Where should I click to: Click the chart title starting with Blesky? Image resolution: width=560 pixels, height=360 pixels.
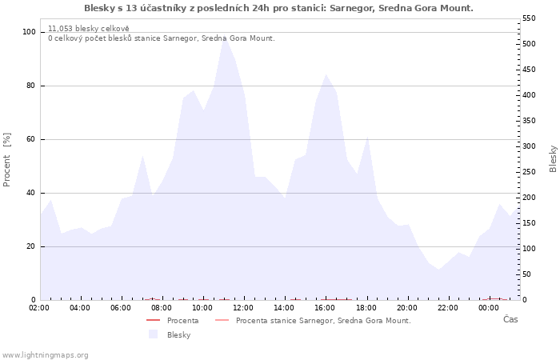(278, 8)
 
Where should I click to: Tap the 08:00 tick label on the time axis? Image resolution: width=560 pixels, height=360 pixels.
(162, 307)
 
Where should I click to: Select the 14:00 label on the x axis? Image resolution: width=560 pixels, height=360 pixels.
(284, 307)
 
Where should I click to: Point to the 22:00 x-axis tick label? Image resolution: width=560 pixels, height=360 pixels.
(447, 307)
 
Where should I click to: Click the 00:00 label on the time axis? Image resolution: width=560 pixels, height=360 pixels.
(488, 307)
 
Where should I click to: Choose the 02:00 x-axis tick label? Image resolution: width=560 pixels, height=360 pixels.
(39, 307)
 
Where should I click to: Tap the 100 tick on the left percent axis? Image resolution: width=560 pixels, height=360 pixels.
(30, 32)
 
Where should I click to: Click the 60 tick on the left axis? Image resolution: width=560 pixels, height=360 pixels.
(31, 139)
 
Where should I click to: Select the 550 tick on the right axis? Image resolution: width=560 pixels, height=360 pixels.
(530, 18)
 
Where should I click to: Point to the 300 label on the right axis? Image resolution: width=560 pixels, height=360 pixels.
(530, 146)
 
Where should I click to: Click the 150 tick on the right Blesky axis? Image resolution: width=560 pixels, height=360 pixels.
(530, 223)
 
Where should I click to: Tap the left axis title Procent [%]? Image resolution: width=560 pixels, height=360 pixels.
(7, 160)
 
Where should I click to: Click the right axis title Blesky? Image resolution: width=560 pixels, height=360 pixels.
(553, 158)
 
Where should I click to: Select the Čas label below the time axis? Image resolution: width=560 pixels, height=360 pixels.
(510, 319)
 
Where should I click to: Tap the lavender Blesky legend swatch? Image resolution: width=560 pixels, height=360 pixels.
(153, 334)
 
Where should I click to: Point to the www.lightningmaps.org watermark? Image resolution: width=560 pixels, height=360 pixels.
(45, 355)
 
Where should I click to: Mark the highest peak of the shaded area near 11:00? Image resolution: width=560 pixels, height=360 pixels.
(224, 38)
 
